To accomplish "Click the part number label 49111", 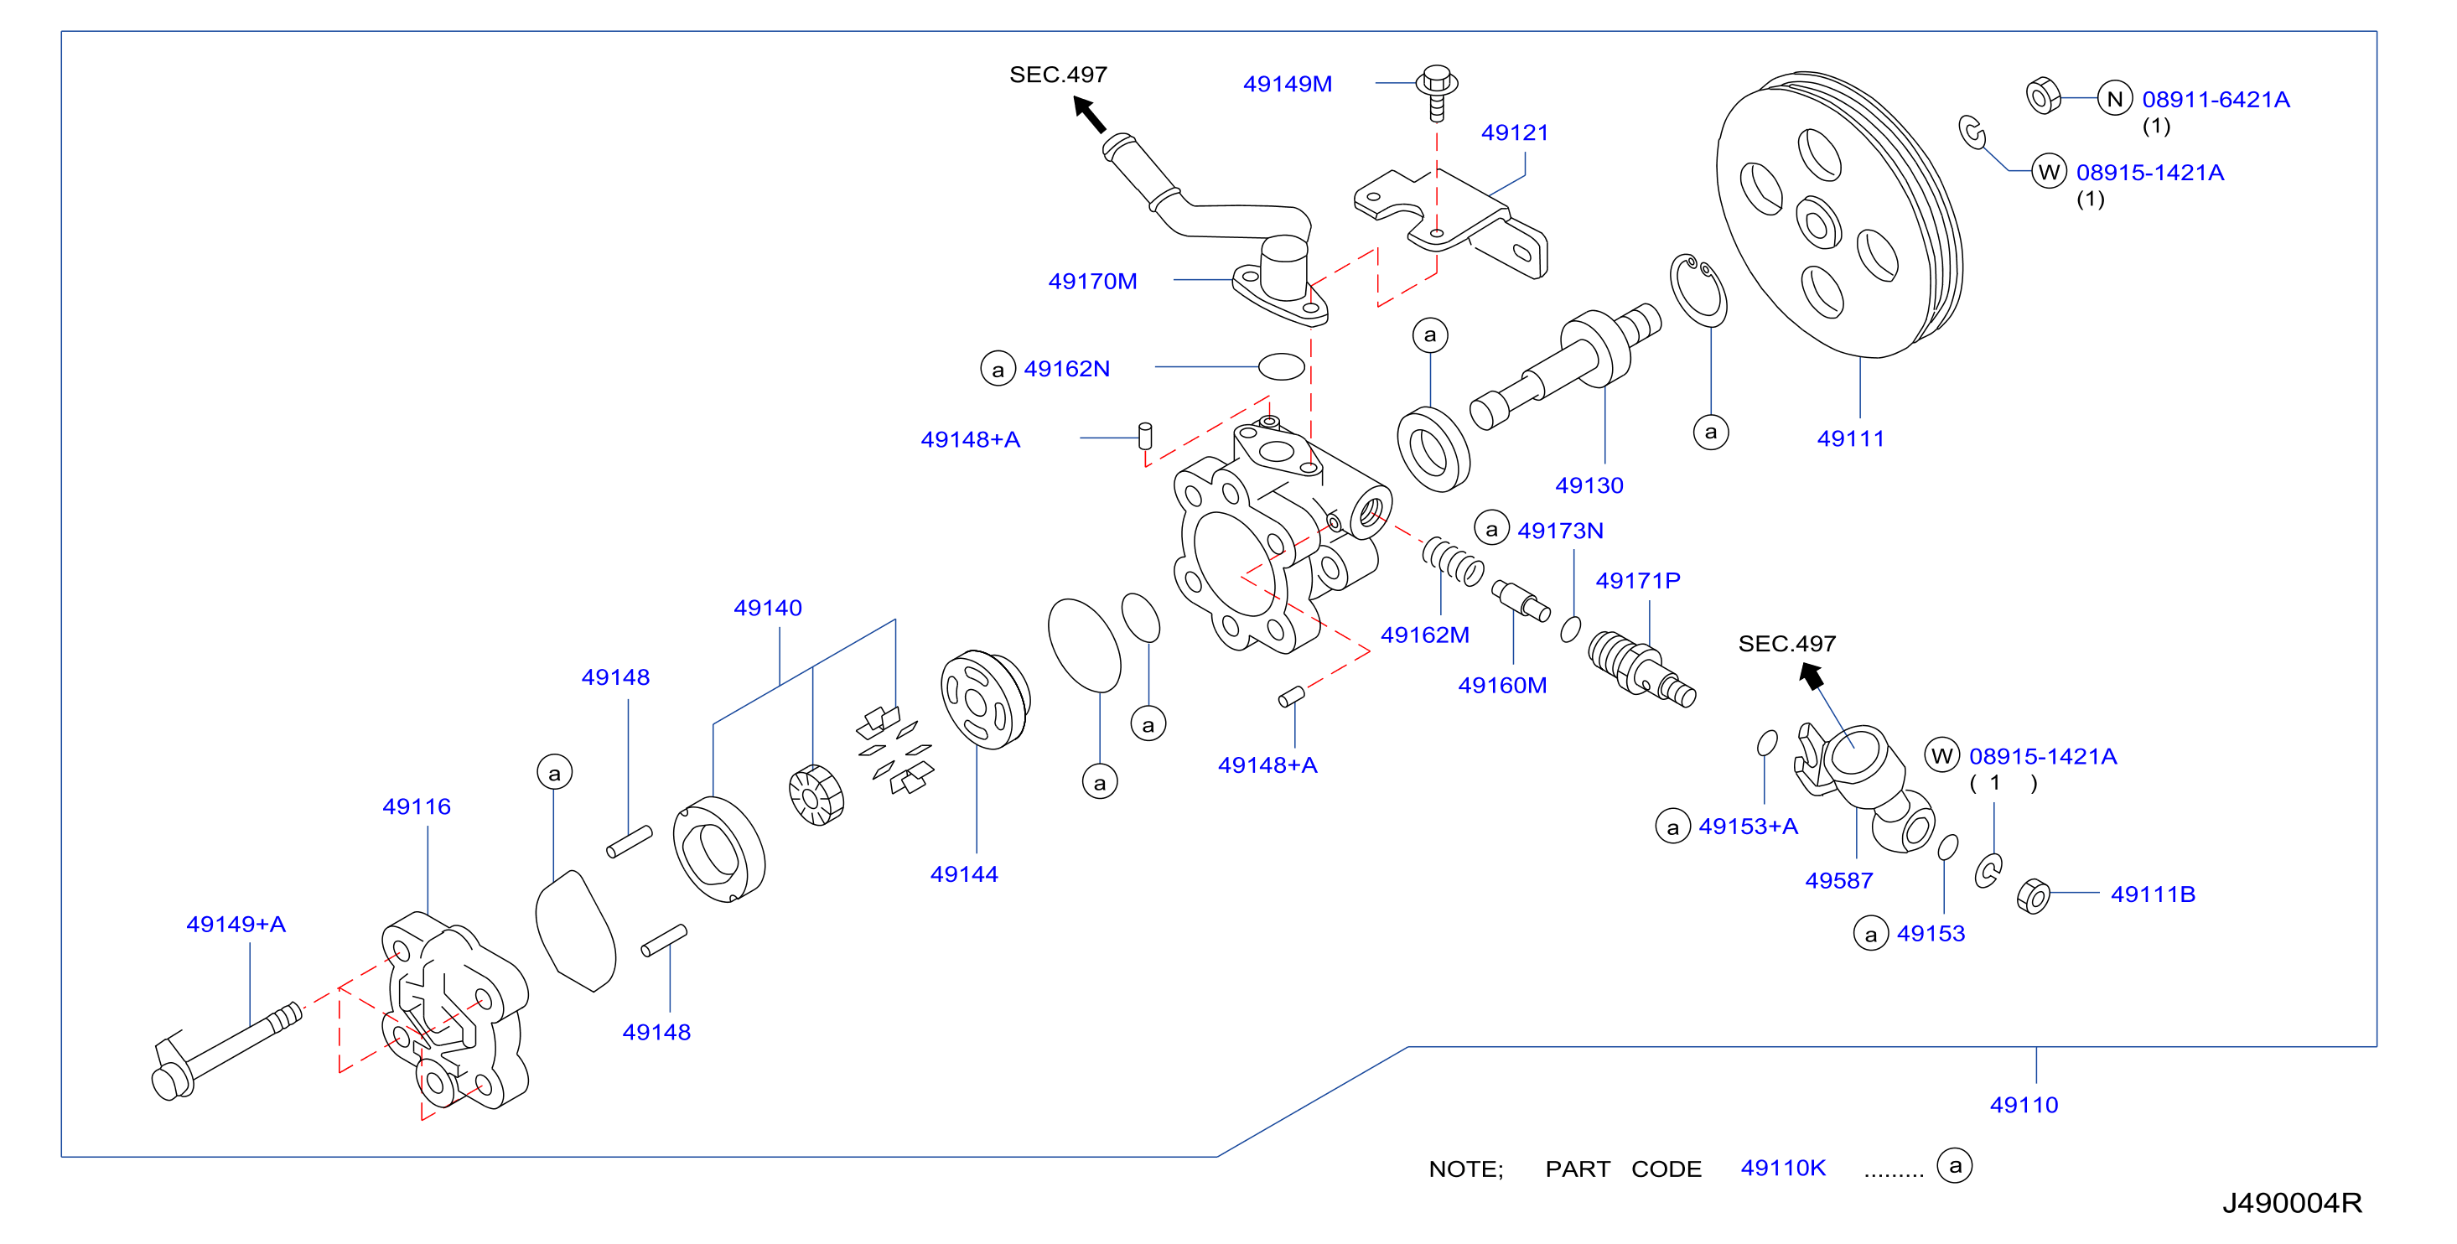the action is pyautogui.click(x=1849, y=438).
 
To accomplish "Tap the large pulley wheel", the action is pyautogui.click(x=1839, y=215).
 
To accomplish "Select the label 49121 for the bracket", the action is pyautogui.click(x=1514, y=132).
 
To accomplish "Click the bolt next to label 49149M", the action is pyautogui.click(x=1437, y=91).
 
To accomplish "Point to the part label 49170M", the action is pyautogui.click(x=1092, y=282).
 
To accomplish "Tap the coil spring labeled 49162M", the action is pyautogui.click(x=1452, y=561).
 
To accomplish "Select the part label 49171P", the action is pyautogui.click(x=1638, y=580).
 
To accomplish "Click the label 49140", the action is pyautogui.click(x=767, y=608).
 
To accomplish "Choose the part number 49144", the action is pyautogui.click(x=963, y=873).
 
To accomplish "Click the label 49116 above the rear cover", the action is pyautogui.click(x=416, y=806).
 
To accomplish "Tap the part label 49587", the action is pyautogui.click(x=1838, y=880).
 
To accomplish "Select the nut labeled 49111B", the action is pyautogui.click(x=2033, y=896).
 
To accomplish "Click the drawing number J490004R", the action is pyautogui.click(x=2291, y=1203).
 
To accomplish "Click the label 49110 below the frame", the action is pyautogui.click(x=2023, y=1105).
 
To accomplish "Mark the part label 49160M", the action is pyautogui.click(x=1501, y=685).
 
